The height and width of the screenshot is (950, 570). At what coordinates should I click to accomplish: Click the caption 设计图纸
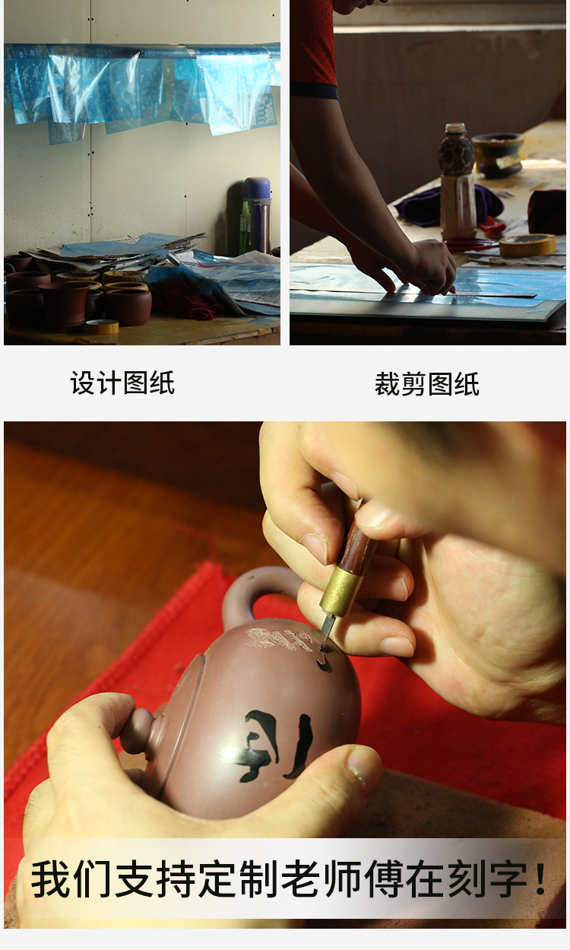coord(122,383)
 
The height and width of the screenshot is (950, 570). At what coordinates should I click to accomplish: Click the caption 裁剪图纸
coord(426,385)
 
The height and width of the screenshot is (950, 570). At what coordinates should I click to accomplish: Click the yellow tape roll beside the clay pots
coord(102,326)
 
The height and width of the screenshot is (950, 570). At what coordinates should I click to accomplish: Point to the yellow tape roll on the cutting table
coord(527,245)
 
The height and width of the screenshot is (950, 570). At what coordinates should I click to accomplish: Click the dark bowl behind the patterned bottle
coord(498,152)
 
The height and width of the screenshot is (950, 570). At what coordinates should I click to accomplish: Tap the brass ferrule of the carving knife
coord(340,593)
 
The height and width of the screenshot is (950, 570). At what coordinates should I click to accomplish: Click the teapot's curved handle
coord(247,589)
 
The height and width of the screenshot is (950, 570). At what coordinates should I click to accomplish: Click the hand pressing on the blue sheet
coord(422,266)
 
